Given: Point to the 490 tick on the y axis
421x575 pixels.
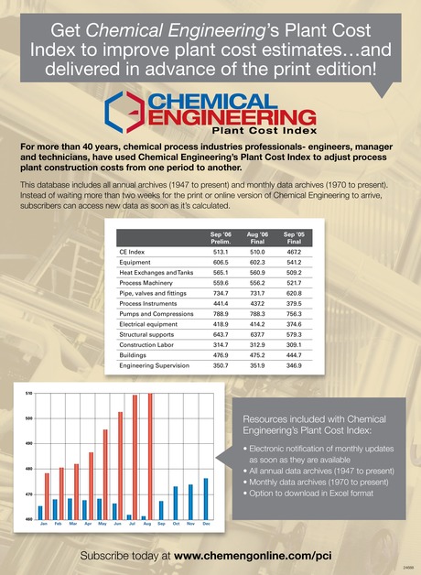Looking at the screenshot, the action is pyautogui.click(x=29, y=444).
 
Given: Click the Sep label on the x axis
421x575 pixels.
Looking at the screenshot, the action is pyautogui.click(x=161, y=523).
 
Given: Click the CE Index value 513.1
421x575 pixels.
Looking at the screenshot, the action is pyautogui.click(x=221, y=250).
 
